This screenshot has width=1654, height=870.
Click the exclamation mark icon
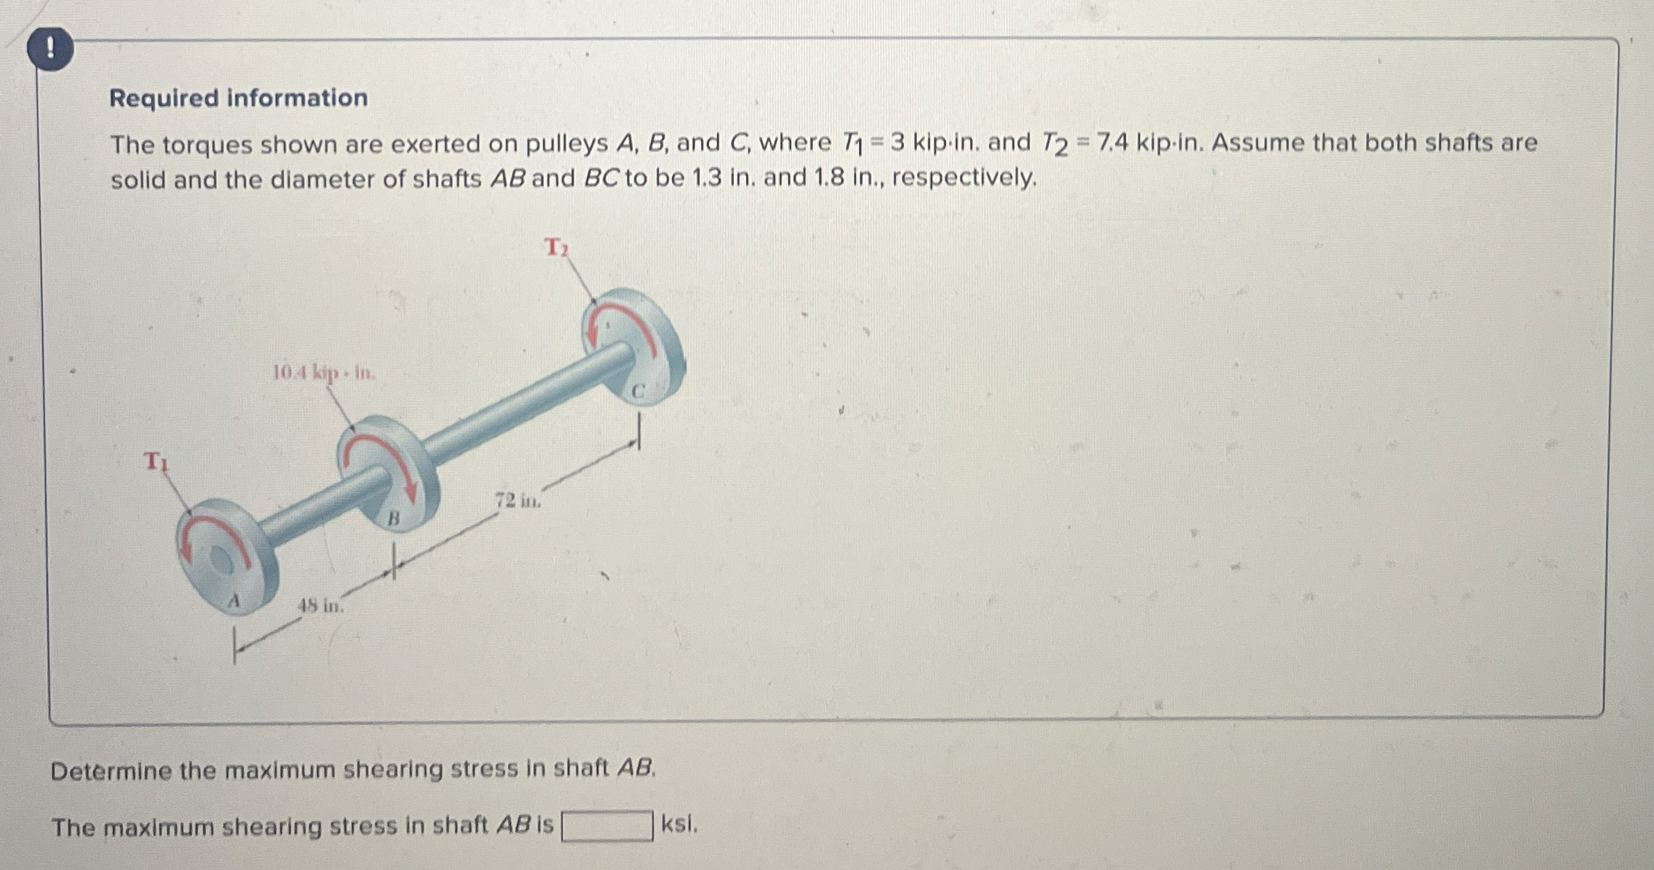click(50, 49)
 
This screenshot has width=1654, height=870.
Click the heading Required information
click(238, 98)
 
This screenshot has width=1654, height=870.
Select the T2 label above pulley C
click(556, 247)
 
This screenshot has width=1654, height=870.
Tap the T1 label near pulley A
click(155, 461)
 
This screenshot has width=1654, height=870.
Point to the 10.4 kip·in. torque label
click(324, 374)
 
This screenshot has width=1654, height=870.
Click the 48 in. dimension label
click(320, 605)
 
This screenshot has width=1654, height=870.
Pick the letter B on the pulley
click(393, 518)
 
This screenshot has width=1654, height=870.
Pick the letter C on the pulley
click(638, 392)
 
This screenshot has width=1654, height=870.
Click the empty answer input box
click(607, 826)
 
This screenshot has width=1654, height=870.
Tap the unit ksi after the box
click(679, 824)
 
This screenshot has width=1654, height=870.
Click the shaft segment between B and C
click(527, 410)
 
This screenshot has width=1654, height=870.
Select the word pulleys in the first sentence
click(566, 143)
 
